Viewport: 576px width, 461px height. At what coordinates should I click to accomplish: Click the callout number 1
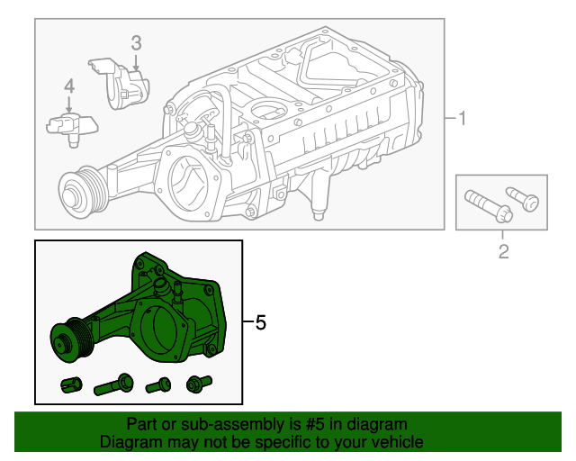tap(462, 119)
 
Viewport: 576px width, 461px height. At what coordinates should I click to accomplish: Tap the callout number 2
tap(503, 251)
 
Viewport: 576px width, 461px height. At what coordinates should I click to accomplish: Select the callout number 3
tap(136, 42)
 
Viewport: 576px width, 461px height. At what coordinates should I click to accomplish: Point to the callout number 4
tap(69, 86)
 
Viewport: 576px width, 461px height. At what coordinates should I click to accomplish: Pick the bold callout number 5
tap(261, 322)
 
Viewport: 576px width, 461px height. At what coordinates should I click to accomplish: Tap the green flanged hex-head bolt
tap(197, 383)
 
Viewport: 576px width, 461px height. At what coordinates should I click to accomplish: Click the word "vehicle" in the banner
tap(393, 442)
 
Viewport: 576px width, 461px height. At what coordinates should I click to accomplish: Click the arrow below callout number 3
tap(136, 62)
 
